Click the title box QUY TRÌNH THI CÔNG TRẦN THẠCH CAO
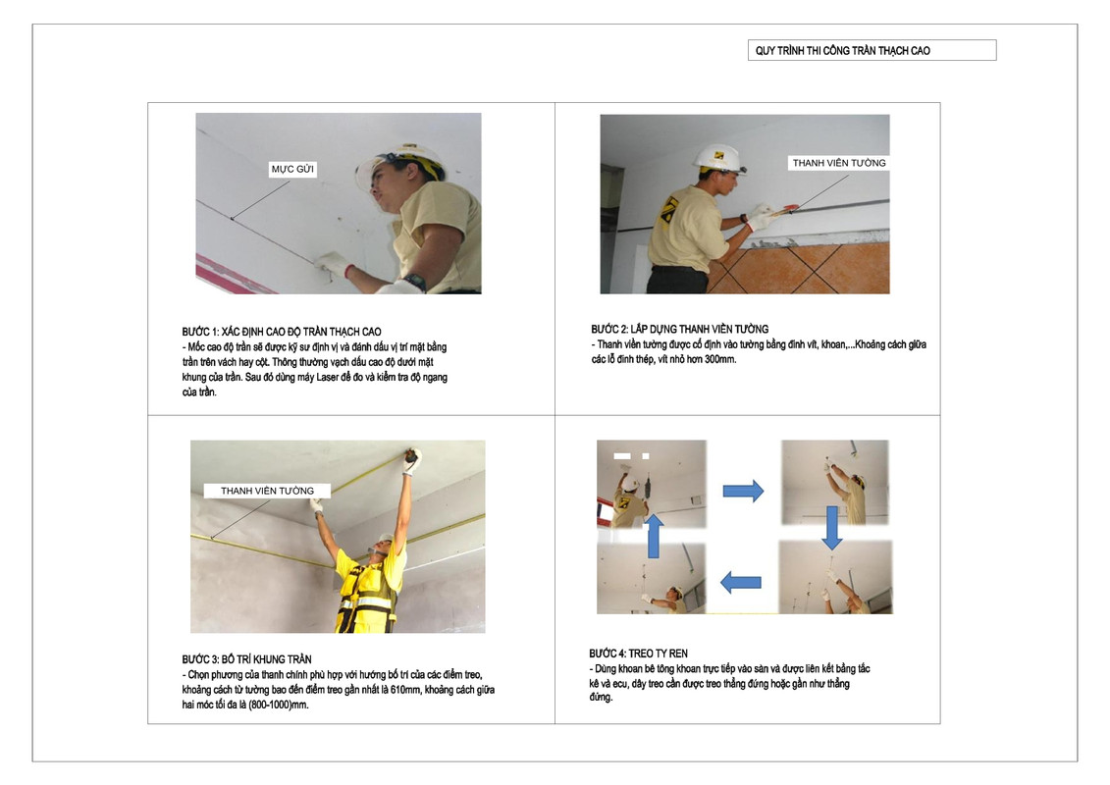point(872,50)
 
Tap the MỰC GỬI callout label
point(292,169)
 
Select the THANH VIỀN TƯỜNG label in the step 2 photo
point(839,163)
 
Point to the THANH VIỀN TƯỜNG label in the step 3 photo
point(267,491)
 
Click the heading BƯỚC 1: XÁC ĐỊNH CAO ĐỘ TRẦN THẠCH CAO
point(281,332)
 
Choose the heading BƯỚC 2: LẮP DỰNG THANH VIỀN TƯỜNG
point(679,329)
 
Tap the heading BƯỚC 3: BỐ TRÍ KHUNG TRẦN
point(246,659)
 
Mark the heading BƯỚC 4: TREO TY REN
point(638,654)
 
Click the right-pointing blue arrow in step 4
point(743,491)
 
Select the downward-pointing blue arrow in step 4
point(832,528)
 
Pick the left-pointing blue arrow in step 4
point(740,583)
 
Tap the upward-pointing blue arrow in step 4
point(654,536)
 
